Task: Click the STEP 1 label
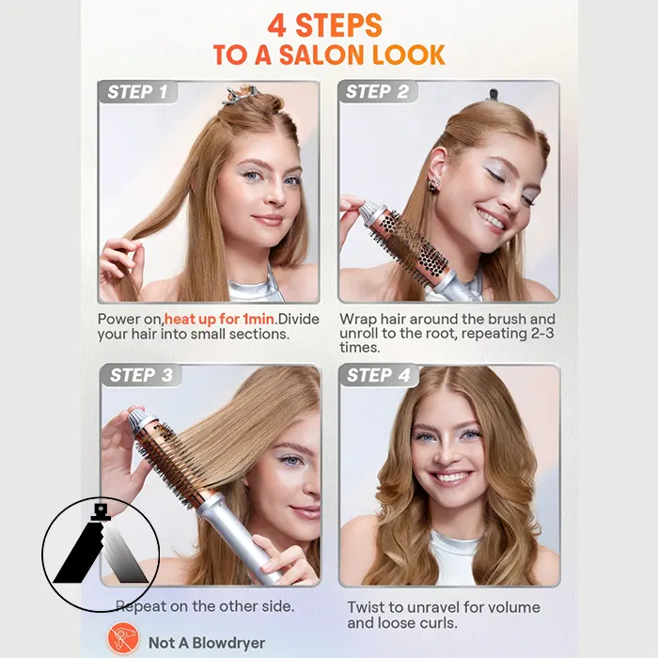tap(137, 92)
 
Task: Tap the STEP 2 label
tap(377, 91)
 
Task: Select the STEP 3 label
tap(141, 375)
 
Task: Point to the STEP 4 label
tap(378, 375)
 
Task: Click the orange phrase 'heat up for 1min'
tap(219, 320)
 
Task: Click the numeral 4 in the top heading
tap(277, 25)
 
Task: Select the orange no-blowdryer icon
tap(123, 638)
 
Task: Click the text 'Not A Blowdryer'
tap(207, 643)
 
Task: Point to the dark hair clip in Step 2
tap(493, 95)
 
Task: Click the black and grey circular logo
tap(101, 555)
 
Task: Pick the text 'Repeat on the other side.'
tap(205, 606)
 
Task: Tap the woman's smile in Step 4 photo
tap(450, 478)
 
